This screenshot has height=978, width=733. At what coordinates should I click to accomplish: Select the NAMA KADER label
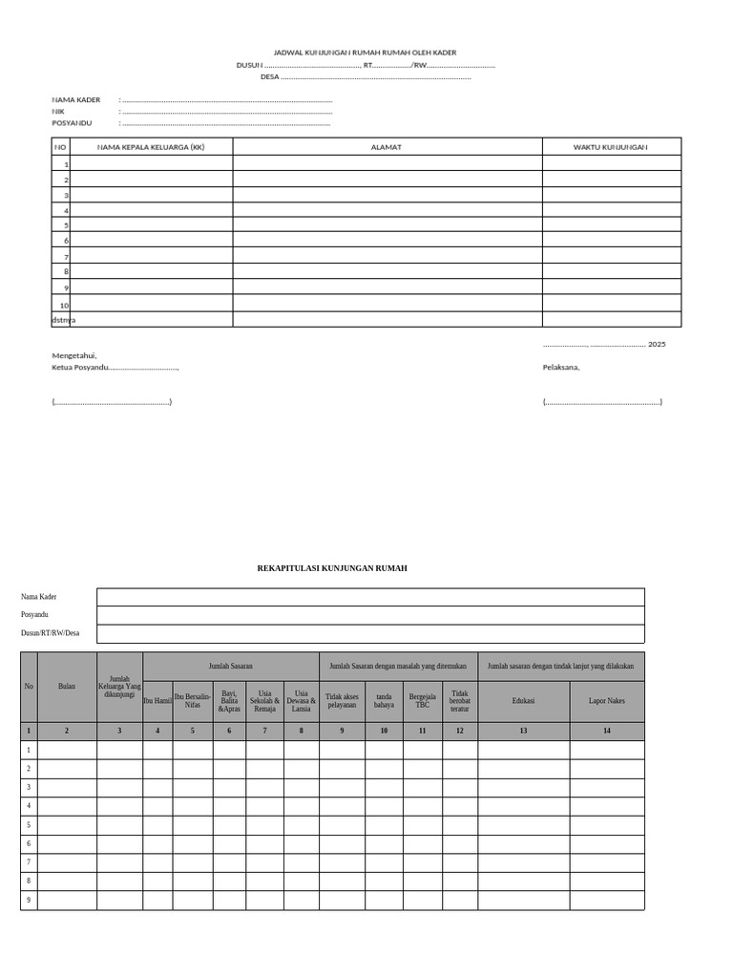tap(76, 99)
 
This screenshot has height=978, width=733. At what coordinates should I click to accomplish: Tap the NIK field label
tap(58, 111)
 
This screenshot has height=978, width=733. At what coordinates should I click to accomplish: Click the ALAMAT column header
tap(387, 147)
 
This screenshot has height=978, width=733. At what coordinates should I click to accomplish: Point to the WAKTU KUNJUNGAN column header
tap(611, 147)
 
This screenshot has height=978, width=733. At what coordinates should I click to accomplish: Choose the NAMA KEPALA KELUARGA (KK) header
tap(151, 147)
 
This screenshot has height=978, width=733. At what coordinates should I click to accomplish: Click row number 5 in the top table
tap(66, 225)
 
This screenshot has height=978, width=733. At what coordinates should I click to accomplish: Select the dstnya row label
tap(63, 319)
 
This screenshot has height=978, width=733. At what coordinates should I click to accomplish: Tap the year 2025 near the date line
tap(657, 344)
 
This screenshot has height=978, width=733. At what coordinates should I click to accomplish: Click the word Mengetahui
tap(74, 355)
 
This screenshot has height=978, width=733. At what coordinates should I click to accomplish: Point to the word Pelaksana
tap(561, 367)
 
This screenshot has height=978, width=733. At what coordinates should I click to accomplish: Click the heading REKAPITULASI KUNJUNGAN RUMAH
tap(332, 568)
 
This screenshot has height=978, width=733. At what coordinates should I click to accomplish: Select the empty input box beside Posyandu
tap(370, 615)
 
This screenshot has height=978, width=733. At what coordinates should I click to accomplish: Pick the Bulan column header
tap(67, 687)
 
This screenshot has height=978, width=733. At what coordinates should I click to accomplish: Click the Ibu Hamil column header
tap(157, 701)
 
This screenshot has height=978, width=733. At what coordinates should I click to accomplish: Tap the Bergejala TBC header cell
tap(422, 701)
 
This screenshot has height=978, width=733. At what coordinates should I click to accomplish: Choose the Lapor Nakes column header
tap(607, 701)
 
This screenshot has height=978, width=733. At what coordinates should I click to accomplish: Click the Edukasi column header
tap(523, 701)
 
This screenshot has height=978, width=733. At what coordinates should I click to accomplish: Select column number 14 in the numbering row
tap(607, 731)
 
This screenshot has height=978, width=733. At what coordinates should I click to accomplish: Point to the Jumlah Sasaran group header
tap(231, 666)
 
